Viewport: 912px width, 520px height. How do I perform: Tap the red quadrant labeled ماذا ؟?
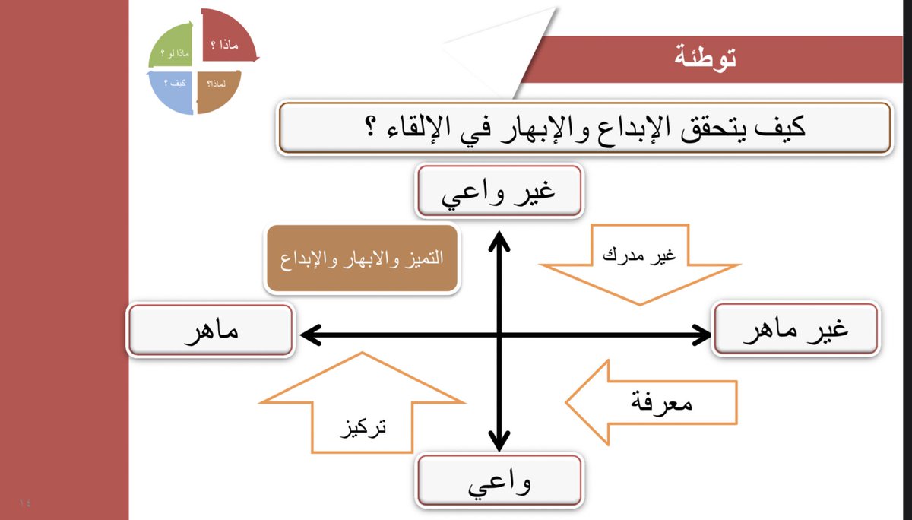[227, 38]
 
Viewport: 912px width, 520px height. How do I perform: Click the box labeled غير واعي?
[499, 191]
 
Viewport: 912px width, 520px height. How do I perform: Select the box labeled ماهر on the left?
[211, 331]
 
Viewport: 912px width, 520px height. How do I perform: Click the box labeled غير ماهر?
[796, 330]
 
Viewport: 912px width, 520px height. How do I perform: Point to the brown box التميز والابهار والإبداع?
[362, 258]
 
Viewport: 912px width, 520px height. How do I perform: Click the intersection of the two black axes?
[499, 333]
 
